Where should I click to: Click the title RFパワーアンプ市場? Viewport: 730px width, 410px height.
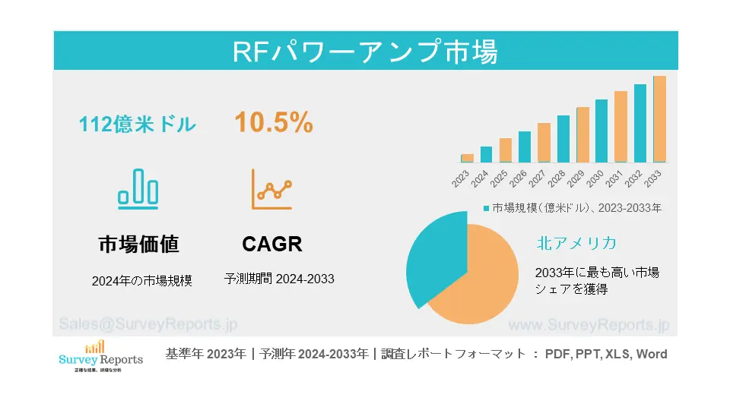(365, 52)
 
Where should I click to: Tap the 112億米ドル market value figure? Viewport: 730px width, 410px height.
(138, 125)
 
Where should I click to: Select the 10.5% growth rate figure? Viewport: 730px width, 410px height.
(273, 122)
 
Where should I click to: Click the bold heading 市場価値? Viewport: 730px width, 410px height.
(138, 244)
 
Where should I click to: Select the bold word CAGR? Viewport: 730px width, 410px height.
(272, 244)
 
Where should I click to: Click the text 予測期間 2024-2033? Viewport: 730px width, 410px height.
(279, 279)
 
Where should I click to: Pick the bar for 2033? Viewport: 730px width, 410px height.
(659, 119)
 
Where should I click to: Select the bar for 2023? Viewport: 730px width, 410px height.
(467, 158)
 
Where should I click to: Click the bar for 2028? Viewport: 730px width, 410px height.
(563, 139)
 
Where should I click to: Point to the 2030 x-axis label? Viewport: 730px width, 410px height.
(597, 180)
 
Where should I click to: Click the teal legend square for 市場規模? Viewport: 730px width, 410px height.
(486, 207)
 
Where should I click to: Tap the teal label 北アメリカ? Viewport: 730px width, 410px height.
(576, 243)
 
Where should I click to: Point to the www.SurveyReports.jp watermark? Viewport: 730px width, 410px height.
(588, 325)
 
